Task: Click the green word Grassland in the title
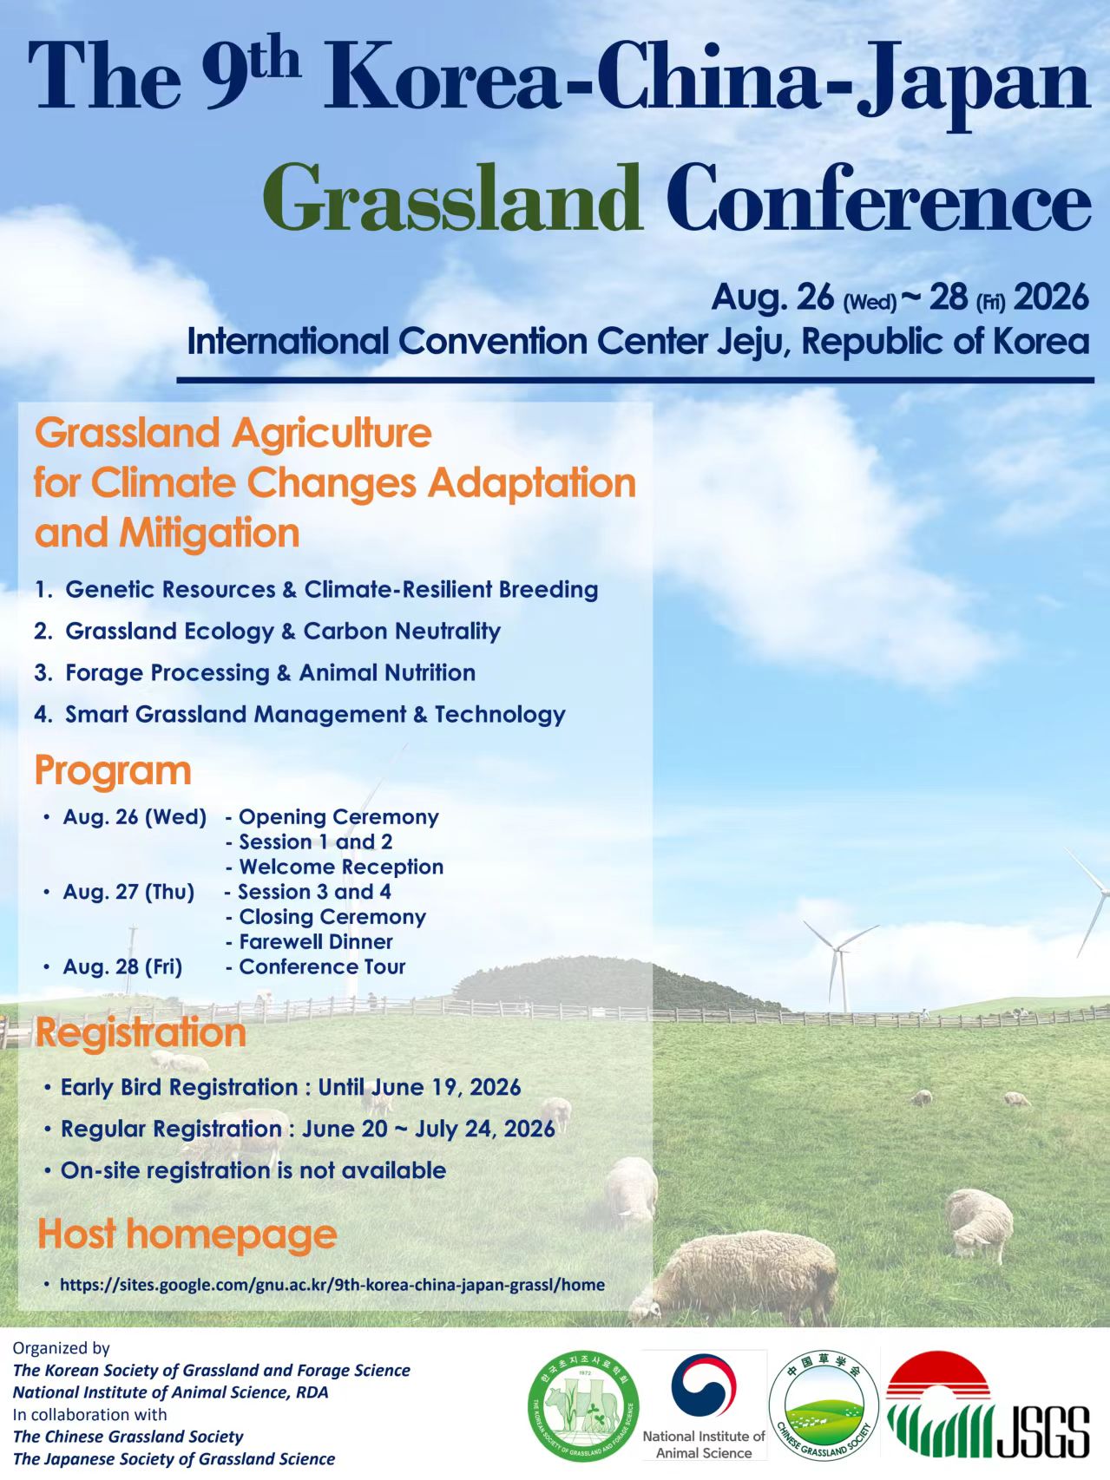pyautogui.click(x=452, y=199)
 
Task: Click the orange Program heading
pyautogui.click(x=113, y=771)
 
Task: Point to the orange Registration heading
pyautogui.click(x=141, y=1033)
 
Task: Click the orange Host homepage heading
pyautogui.click(x=187, y=1234)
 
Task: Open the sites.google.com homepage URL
pyautogui.click(x=332, y=1285)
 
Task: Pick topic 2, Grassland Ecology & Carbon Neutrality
pyautogui.click(x=267, y=631)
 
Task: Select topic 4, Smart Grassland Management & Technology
pyautogui.click(x=299, y=714)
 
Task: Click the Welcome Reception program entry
pyautogui.click(x=335, y=867)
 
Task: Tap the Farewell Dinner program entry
pyautogui.click(x=310, y=941)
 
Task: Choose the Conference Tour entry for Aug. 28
pyautogui.click(x=316, y=966)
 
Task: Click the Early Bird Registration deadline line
pyautogui.click(x=291, y=1087)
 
